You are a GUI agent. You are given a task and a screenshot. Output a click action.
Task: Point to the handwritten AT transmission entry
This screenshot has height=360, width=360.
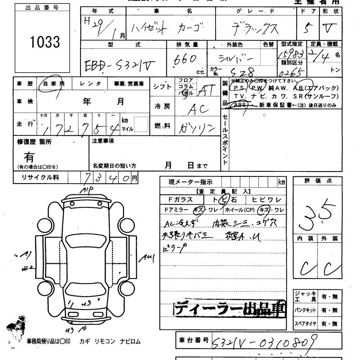pyautogui.click(x=205, y=92)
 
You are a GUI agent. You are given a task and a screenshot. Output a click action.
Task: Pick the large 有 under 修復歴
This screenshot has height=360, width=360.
pyautogui.click(x=29, y=157)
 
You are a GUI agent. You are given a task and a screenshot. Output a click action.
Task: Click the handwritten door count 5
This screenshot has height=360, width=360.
pyautogui.click(x=309, y=28)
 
